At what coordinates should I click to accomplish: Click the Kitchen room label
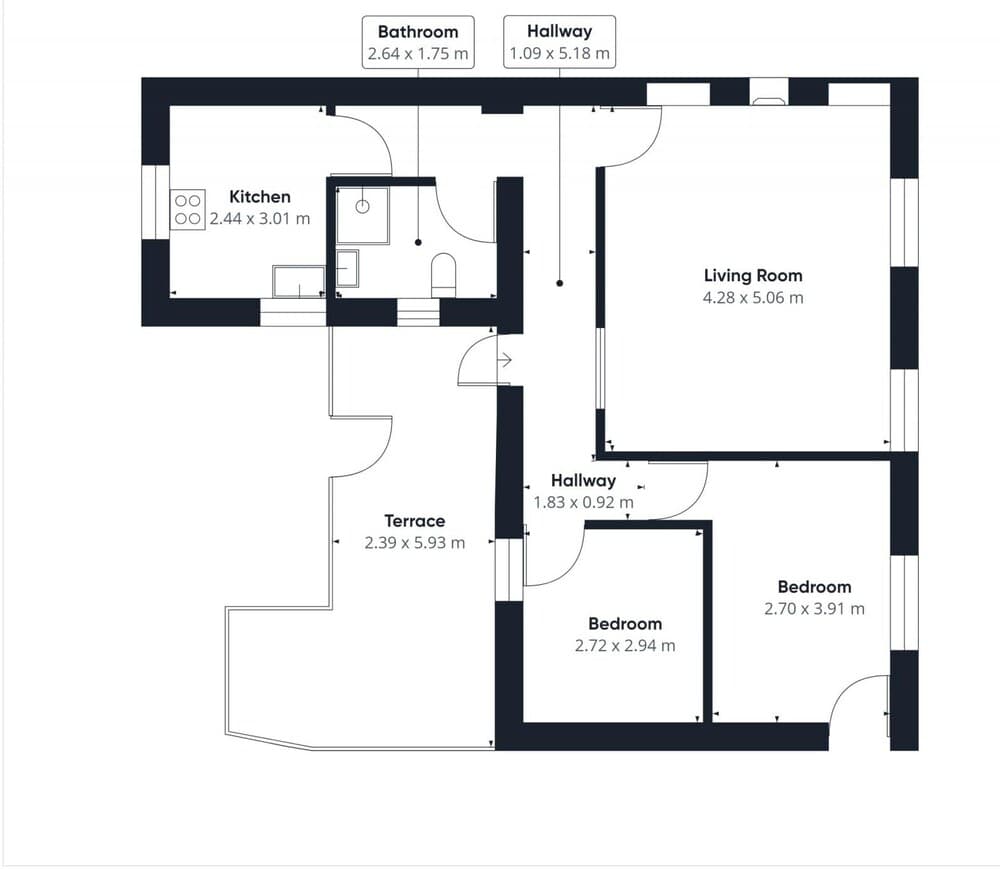(x=260, y=197)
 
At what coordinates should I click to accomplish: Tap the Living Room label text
(x=752, y=275)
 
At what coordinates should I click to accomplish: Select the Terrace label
(x=414, y=521)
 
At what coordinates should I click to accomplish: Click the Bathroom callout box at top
(x=418, y=42)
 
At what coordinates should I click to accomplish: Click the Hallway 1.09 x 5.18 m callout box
(x=559, y=42)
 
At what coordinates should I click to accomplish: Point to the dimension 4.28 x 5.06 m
(x=752, y=297)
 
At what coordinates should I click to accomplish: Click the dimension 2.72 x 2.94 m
(x=625, y=646)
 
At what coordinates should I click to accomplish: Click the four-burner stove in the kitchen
(x=188, y=209)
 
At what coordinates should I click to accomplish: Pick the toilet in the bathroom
(x=443, y=273)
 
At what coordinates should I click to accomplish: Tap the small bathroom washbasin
(x=346, y=269)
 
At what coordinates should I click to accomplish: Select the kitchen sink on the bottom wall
(x=298, y=281)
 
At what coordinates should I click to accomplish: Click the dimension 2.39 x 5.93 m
(x=414, y=543)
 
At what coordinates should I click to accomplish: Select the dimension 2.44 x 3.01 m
(x=260, y=218)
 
